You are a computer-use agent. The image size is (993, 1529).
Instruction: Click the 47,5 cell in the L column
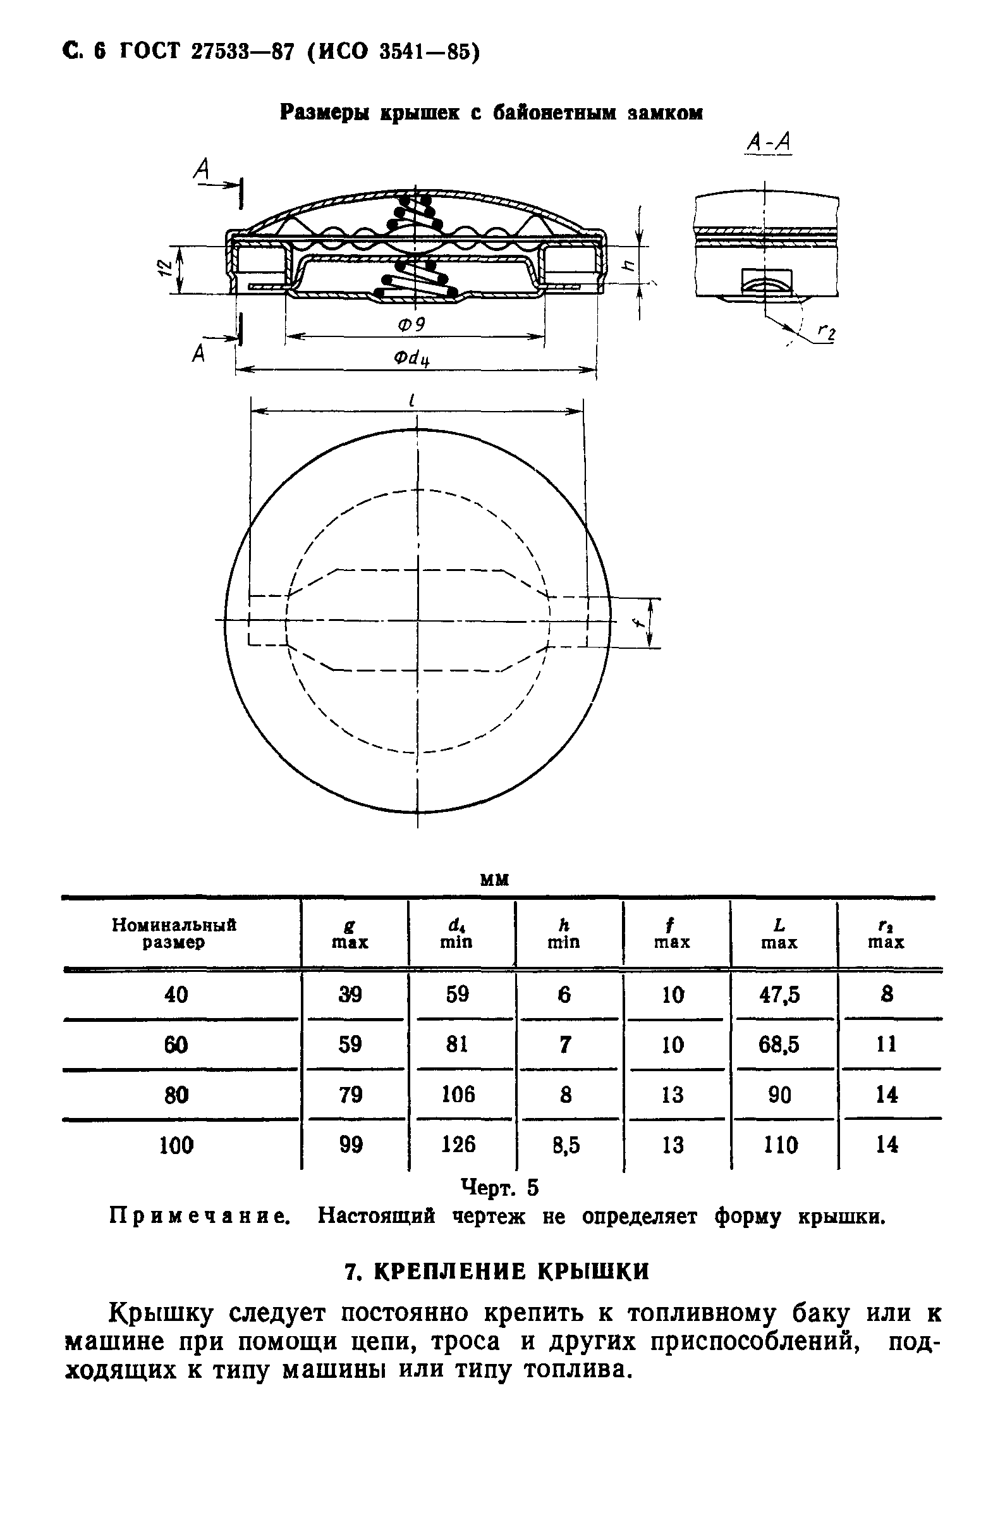(779, 995)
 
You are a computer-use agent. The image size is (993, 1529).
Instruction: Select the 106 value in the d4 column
(458, 1095)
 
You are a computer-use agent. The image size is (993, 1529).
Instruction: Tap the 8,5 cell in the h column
(565, 1145)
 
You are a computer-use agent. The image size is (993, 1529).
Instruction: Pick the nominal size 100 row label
(176, 1145)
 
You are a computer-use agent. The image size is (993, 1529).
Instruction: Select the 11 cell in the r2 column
(886, 1045)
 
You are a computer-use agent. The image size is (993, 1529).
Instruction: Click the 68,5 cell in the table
(779, 1045)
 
